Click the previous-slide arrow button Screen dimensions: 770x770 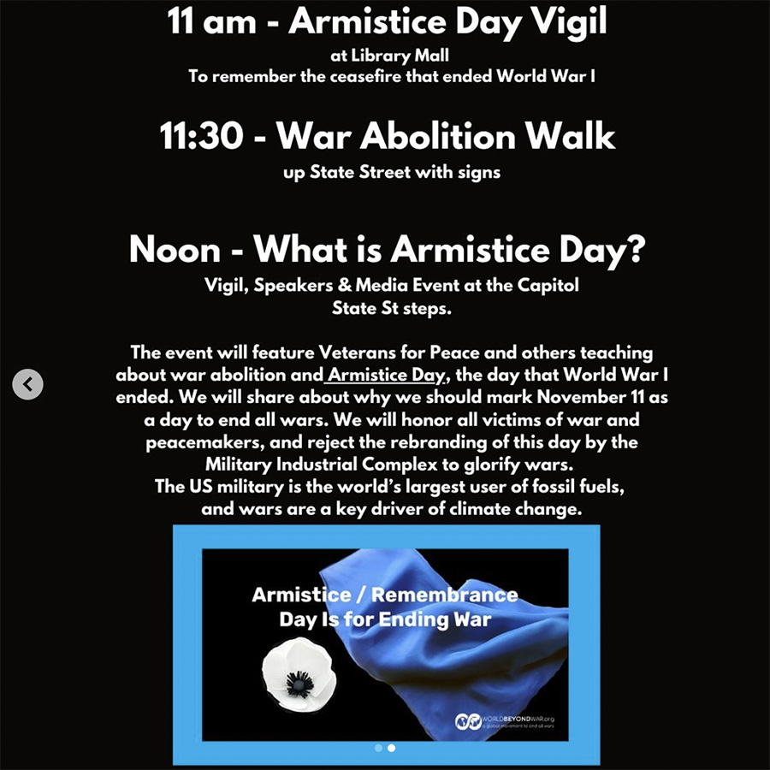pyautogui.click(x=27, y=384)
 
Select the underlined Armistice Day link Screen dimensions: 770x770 pyautogui.click(x=385, y=376)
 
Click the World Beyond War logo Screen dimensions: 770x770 pyautogui.click(x=468, y=721)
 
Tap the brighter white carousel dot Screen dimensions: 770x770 pyautogui.click(x=391, y=748)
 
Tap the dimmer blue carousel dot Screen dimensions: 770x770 pyautogui.click(x=378, y=748)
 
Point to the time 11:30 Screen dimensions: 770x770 pyautogui.click(x=201, y=136)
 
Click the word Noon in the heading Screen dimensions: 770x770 pyautogui.click(x=175, y=250)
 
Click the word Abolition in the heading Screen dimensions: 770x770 pyautogui.click(x=437, y=136)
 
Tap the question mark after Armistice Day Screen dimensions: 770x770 pyautogui.click(x=636, y=248)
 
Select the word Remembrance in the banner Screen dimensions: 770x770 pyautogui.click(x=444, y=595)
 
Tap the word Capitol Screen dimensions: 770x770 pyautogui.click(x=548, y=286)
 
